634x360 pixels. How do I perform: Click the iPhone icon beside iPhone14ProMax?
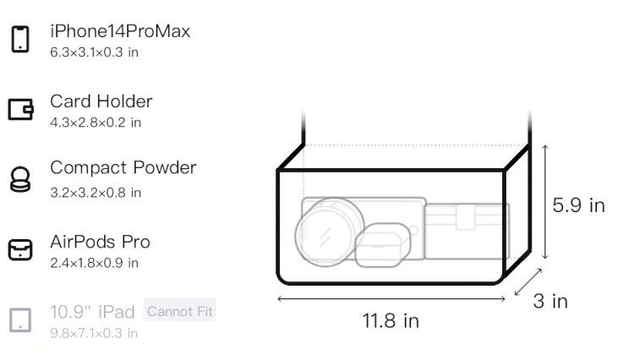[20, 39]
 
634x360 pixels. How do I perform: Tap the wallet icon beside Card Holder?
[20, 110]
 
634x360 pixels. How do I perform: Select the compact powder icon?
[20, 179]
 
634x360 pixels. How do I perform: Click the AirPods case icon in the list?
[20, 249]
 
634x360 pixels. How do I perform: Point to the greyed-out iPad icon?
[20, 320]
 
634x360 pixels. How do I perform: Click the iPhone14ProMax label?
[120, 31]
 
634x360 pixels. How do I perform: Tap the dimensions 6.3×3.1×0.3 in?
[94, 52]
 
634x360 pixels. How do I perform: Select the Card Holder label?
[101, 101]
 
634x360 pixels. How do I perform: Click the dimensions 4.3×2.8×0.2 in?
[96, 123]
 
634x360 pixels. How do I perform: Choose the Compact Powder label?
[123, 167]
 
